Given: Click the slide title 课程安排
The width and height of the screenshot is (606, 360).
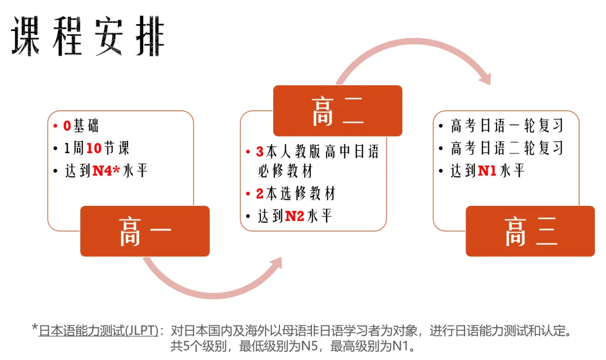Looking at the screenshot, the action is pyautogui.click(x=88, y=36).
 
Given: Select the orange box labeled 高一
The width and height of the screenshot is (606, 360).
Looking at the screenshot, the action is pyautogui.click(x=145, y=231).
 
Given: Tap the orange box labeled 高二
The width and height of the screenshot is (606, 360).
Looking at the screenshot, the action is pyautogui.click(x=337, y=111).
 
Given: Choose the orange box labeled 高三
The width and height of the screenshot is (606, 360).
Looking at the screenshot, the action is pyautogui.click(x=530, y=231).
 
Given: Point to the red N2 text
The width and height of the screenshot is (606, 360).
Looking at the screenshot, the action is pyautogui.click(x=295, y=216).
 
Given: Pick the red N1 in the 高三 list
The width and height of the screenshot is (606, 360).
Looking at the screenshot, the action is pyautogui.click(x=487, y=170).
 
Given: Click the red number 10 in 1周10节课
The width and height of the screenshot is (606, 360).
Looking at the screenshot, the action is pyautogui.click(x=94, y=148).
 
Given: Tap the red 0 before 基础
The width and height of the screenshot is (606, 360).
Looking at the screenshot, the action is pyautogui.click(x=67, y=126).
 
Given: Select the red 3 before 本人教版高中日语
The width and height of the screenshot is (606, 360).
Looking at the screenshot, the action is pyautogui.click(x=260, y=152).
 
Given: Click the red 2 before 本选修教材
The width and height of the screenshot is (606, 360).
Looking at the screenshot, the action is pyautogui.click(x=260, y=193).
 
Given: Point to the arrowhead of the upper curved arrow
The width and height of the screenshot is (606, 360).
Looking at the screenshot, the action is pyautogui.click(x=485, y=78).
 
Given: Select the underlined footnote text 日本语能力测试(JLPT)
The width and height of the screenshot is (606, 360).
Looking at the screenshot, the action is pyautogui.click(x=99, y=331).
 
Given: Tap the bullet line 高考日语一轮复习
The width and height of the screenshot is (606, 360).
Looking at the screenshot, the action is pyautogui.click(x=507, y=126).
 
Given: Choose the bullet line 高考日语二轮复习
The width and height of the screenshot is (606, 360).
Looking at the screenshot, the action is pyautogui.click(x=507, y=148).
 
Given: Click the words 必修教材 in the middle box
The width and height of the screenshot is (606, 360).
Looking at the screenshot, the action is pyautogui.click(x=286, y=170).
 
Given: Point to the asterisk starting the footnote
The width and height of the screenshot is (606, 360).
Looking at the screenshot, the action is pyautogui.click(x=35, y=327).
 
